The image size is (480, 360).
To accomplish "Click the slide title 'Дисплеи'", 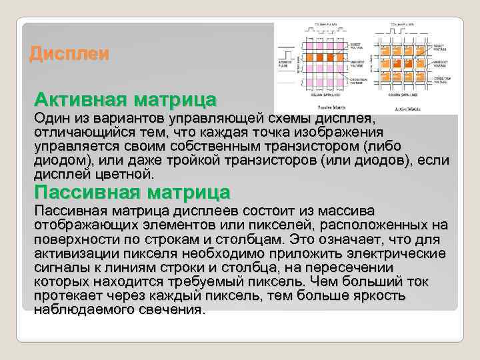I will pos(69,54).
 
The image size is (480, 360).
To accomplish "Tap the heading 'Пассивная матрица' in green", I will pos(132,193).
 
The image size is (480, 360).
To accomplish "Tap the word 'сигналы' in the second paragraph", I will pos(60,268).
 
